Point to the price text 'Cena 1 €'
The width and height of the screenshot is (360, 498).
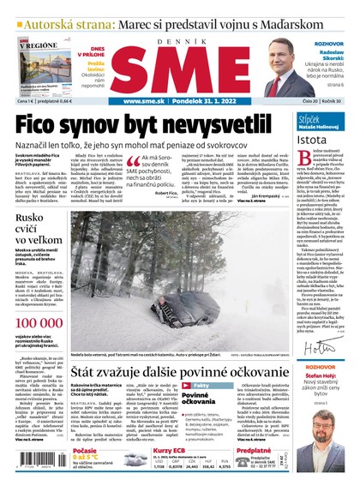(x=23, y=101)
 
